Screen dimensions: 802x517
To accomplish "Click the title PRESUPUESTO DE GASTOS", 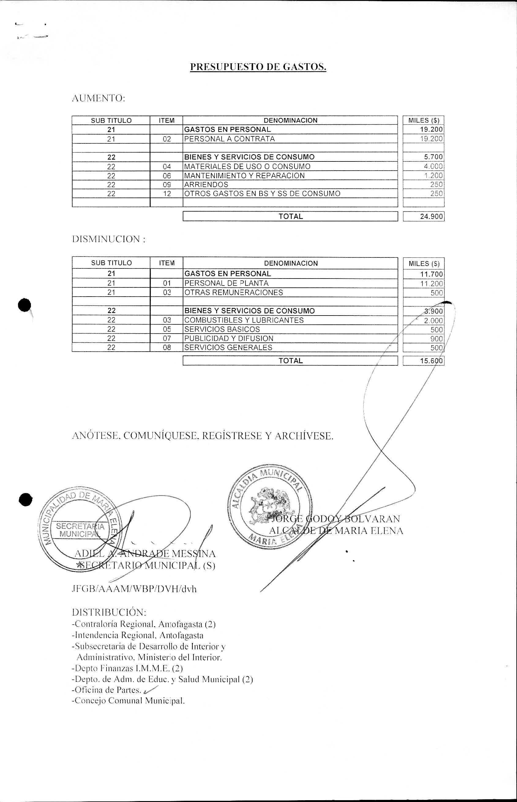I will [x=258, y=67].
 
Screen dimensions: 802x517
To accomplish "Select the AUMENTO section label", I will [x=98, y=98].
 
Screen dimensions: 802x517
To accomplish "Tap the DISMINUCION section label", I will [x=109, y=239].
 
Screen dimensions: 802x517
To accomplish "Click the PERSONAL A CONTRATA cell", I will [x=230, y=139].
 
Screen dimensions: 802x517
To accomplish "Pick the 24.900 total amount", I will [x=431, y=216].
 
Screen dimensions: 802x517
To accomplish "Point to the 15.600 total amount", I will [x=431, y=361].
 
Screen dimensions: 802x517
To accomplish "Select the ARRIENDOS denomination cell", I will [x=206, y=185].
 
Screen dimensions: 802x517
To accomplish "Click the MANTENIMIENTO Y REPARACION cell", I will [x=244, y=176].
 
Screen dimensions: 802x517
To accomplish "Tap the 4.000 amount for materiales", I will [x=433, y=166].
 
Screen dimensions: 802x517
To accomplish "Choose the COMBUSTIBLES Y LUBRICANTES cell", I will [x=244, y=320].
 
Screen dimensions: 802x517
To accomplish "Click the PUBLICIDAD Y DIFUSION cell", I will [x=229, y=338].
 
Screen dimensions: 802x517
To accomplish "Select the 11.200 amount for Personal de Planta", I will [x=431, y=284].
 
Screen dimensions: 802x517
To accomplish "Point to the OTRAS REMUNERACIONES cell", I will [x=234, y=292].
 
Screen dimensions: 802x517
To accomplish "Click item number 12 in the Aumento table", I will [x=167, y=194].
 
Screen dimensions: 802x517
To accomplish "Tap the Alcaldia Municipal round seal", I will [x=270, y=506].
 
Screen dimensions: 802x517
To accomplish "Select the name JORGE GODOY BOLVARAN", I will [x=336, y=519].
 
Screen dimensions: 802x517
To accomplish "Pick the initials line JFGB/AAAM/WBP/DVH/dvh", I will [x=134, y=589].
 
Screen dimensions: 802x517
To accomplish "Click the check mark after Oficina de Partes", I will [x=150, y=690].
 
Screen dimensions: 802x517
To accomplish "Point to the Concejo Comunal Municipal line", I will [x=128, y=701].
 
